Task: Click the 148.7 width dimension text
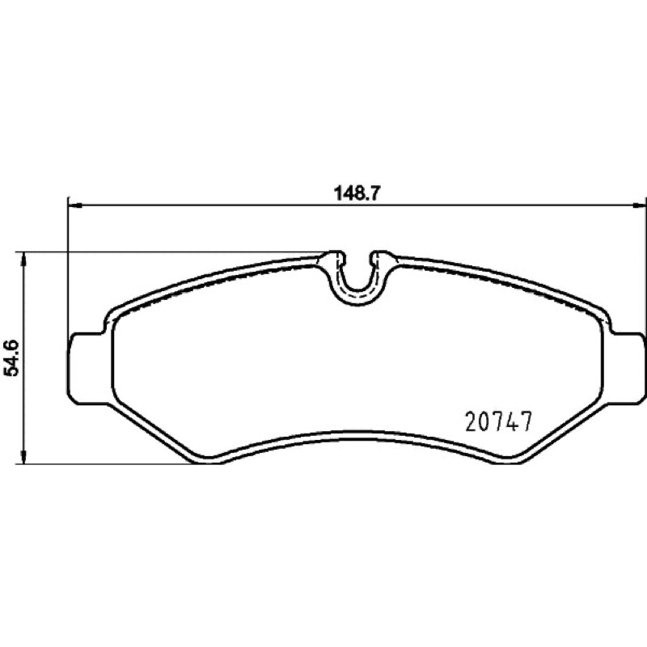click(356, 193)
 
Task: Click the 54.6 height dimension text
click(12, 357)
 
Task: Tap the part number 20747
click(498, 421)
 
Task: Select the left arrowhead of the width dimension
click(75, 205)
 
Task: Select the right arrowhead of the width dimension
click(639, 205)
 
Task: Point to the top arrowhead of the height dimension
click(24, 260)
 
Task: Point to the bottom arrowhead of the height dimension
click(24, 456)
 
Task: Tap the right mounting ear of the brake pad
click(628, 365)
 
